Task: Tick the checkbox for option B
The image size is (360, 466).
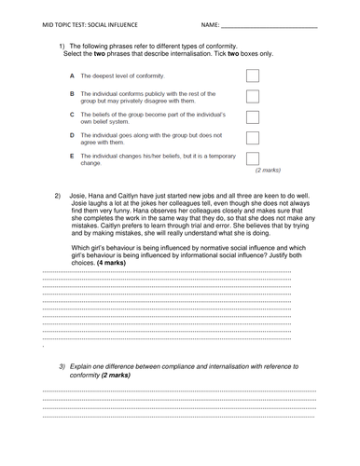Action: pyautogui.click(x=252, y=96)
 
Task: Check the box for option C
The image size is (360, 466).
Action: pyautogui.click(x=252, y=117)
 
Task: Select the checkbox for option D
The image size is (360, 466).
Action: pyautogui.click(x=252, y=138)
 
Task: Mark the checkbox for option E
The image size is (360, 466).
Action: pyautogui.click(x=252, y=158)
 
